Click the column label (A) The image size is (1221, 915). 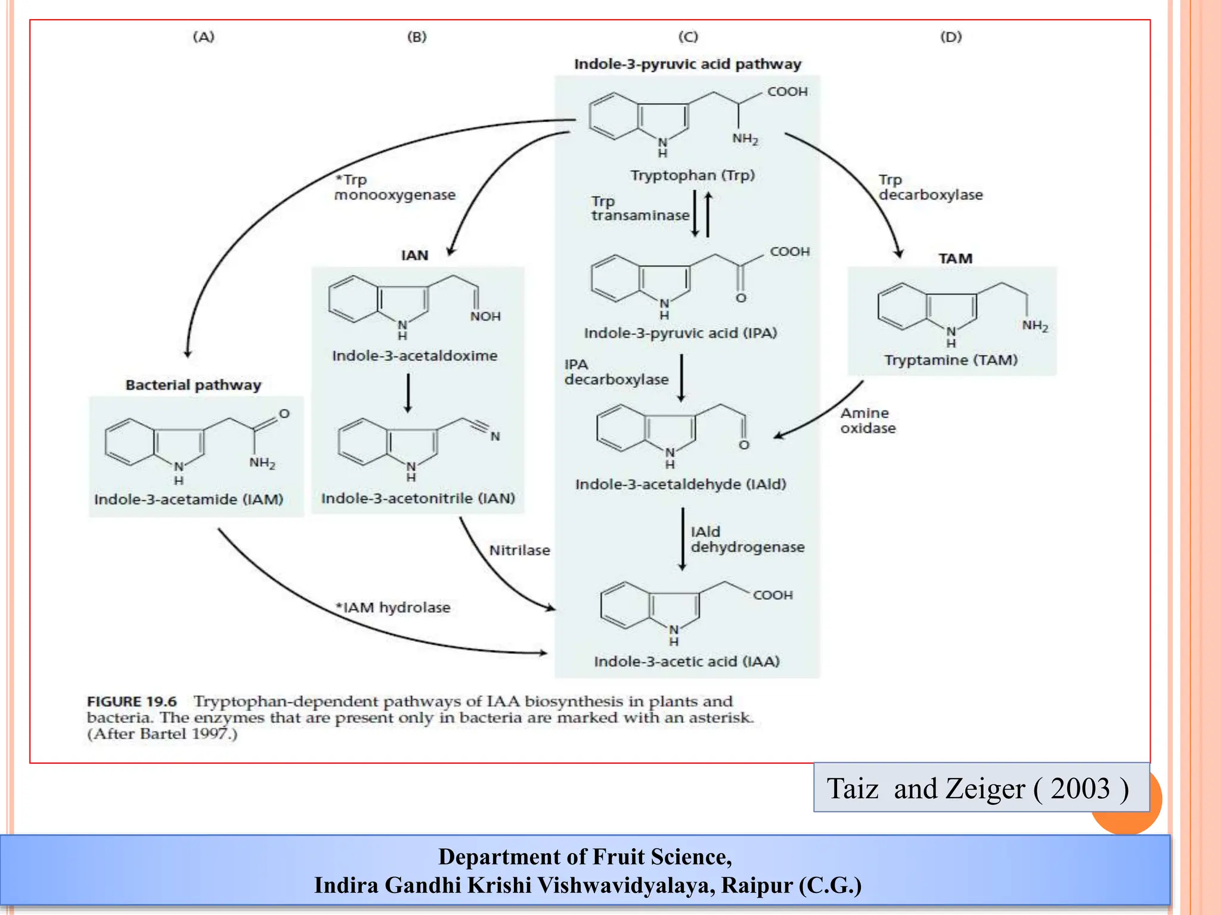point(203,37)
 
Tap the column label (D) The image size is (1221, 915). point(951,37)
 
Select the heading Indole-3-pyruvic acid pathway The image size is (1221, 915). point(687,64)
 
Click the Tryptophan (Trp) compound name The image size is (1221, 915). point(692,175)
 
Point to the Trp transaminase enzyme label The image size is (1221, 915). point(640,208)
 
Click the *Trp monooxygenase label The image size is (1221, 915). point(394,188)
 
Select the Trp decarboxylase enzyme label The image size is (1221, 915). point(930,188)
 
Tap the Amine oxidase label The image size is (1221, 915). point(868,421)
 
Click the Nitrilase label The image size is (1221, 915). point(519,550)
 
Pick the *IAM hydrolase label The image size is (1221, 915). point(393,608)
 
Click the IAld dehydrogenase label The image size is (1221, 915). point(747,539)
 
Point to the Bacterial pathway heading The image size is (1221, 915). point(193,385)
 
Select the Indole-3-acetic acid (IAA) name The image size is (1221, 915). point(687,661)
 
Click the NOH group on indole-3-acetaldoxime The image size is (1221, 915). point(485,316)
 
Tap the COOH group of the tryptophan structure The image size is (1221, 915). point(787,92)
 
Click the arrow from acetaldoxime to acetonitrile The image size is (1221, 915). point(408,393)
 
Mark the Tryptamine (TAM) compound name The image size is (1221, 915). point(950,360)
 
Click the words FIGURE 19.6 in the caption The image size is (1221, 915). point(132,702)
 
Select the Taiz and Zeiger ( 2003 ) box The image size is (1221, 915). point(981,788)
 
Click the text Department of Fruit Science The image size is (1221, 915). point(584,857)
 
